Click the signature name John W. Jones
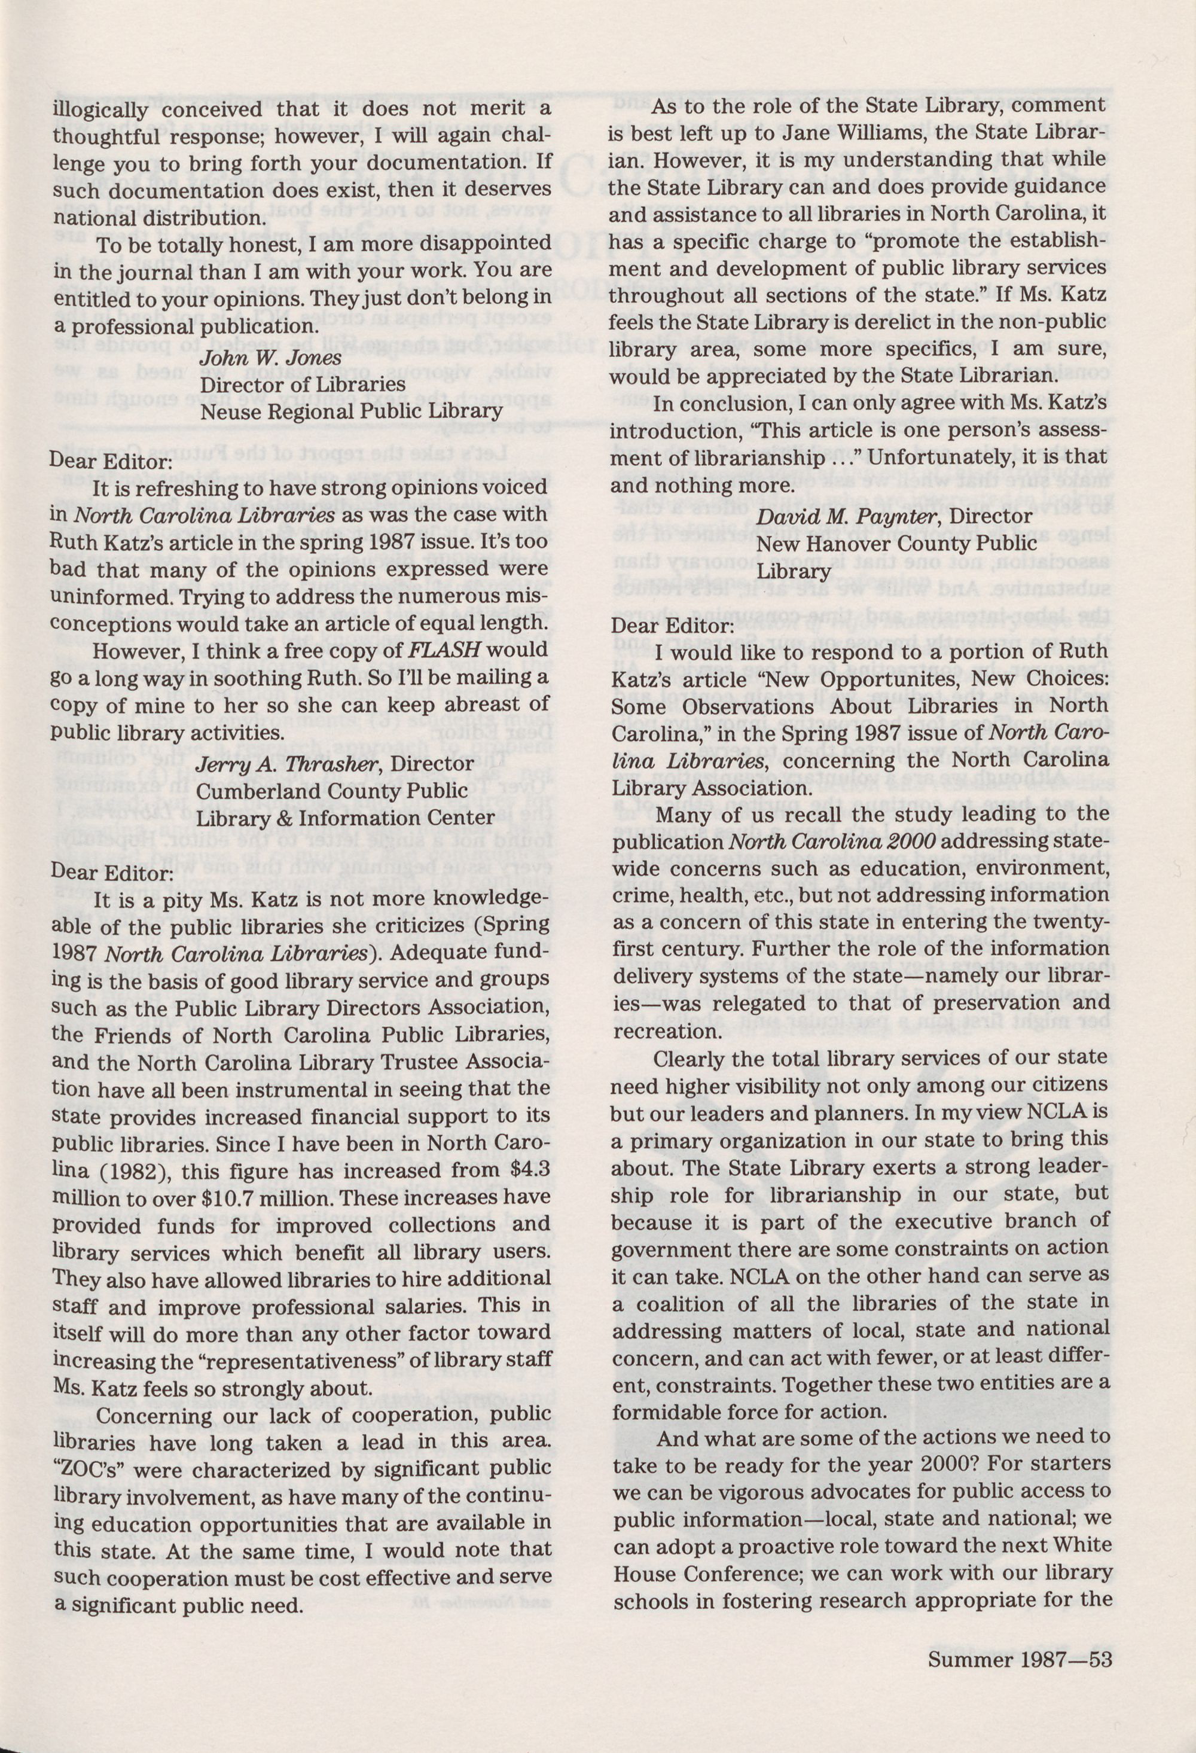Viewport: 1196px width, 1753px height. [270, 357]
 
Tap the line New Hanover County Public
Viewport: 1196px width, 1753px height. [896, 544]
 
